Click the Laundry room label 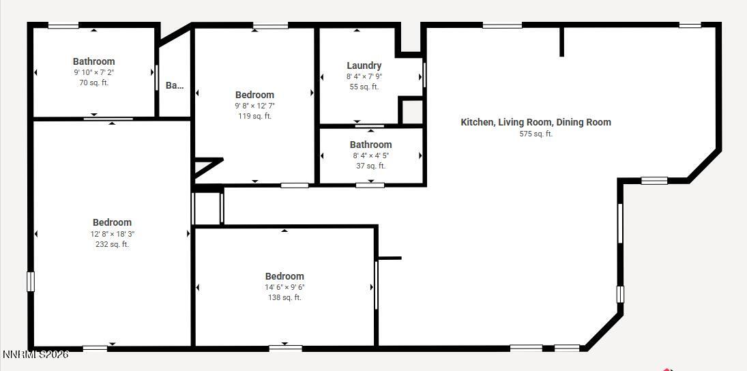[364, 65]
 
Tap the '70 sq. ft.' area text [94, 83]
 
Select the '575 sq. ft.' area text [536, 134]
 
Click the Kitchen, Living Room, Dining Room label [536, 122]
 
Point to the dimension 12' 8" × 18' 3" [112, 233]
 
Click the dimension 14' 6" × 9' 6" [284, 287]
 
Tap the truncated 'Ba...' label [175, 85]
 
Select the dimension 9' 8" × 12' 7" [254, 106]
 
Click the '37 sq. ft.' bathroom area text [370, 166]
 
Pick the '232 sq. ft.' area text [112, 244]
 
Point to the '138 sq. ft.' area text [284, 297]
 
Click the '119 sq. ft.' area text [254, 116]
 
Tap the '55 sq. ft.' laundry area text [364, 87]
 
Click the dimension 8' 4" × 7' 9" [364, 76]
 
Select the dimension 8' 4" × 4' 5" [370, 155]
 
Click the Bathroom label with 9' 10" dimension [94, 61]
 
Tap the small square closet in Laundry [411, 111]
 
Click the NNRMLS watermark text [35, 355]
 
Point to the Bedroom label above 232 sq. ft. [112, 222]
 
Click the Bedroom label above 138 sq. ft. [284, 276]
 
